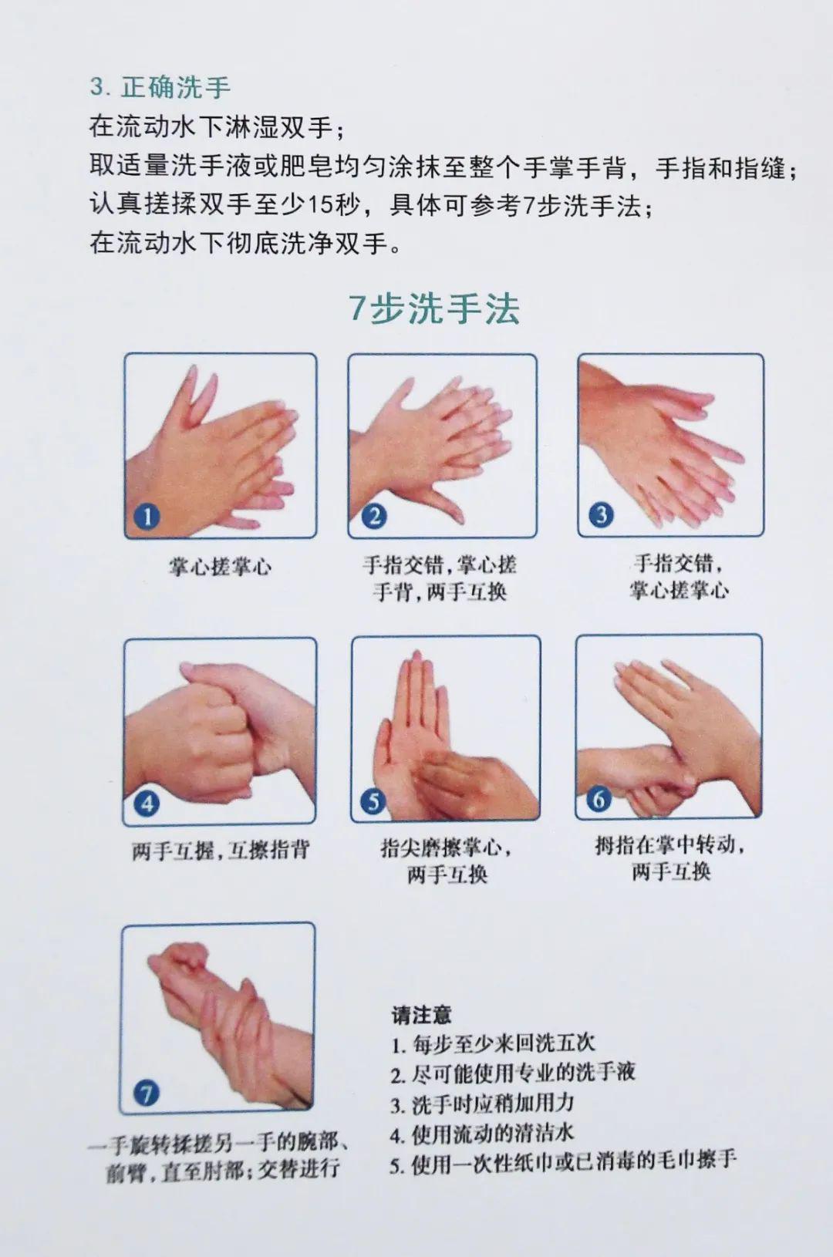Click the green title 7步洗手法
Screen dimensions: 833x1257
coord(434,308)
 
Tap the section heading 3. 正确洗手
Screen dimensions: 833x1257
coord(160,87)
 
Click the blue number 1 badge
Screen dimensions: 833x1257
coord(147,516)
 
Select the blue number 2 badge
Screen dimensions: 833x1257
coord(374,516)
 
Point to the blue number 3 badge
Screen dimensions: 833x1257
coord(601,514)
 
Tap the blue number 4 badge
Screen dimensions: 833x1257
coord(147,803)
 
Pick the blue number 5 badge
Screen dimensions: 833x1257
coord(373,801)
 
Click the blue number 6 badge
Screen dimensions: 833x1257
coord(599,798)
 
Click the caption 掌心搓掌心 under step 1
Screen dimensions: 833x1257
coord(220,567)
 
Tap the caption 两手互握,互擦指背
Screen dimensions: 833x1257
coord(220,850)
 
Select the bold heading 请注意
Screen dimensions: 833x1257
coord(421,1014)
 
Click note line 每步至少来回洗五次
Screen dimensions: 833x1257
coord(493,1043)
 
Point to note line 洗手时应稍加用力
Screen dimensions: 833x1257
coord(483,1104)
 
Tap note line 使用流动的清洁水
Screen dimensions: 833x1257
coord(483,1134)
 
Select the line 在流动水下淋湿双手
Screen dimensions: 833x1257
coord(216,126)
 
